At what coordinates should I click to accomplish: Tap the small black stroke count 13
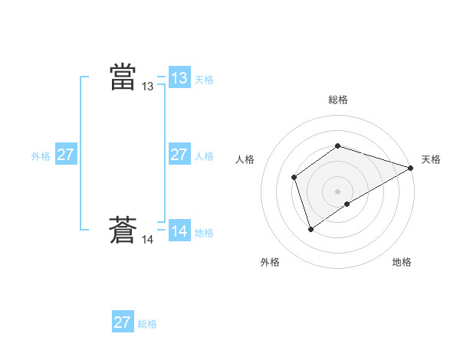click(x=148, y=87)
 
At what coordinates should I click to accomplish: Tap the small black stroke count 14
click(x=148, y=240)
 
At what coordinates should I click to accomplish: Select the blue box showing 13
click(x=179, y=78)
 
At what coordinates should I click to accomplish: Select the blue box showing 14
click(x=179, y=231)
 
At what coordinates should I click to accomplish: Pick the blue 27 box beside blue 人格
click(x=179, y=155)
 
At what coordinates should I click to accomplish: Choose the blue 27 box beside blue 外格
click(x=66, y=155)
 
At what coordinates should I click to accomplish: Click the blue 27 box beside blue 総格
click(x=123, y=322)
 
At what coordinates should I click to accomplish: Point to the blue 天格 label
click(x=204, y=80)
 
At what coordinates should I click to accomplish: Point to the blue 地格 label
click(x=204, y=233)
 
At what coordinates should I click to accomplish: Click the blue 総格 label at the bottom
click(x=147, y=324)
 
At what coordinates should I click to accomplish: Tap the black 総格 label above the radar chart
click(x=338, y=100)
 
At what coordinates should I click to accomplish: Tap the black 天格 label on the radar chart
click(x=431, y=159)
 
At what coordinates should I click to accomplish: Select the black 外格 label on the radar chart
click(x=270, y=262)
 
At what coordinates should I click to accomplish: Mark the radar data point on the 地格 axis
click(x=347, y=204)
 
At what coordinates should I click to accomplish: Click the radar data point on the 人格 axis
click(x=294, y=178)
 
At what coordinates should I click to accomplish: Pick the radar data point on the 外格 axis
click(x=310, y=228)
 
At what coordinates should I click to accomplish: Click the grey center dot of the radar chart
click(x=338, y=191)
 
